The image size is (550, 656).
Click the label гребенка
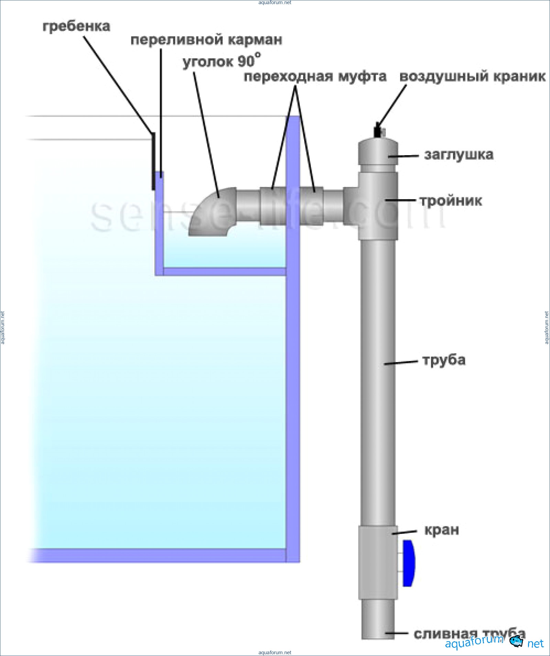tap(76, 26)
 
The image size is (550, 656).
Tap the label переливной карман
tap(206, 40)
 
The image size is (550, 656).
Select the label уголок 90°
tap(221, 61)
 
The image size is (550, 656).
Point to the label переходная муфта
tap(315, 76)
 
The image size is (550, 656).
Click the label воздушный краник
tap(472, 76)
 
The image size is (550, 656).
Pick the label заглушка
tap(459, 155)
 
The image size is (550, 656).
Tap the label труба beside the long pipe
tap(444, 360)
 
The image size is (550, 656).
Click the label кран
tap(442, 530)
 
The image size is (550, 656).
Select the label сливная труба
tap(469, 634)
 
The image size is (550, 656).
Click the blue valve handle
tap(408, 563)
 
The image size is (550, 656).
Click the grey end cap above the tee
tap(378, 153)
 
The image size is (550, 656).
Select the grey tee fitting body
tap(378, 206)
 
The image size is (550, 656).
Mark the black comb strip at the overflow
tap(153, 161)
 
